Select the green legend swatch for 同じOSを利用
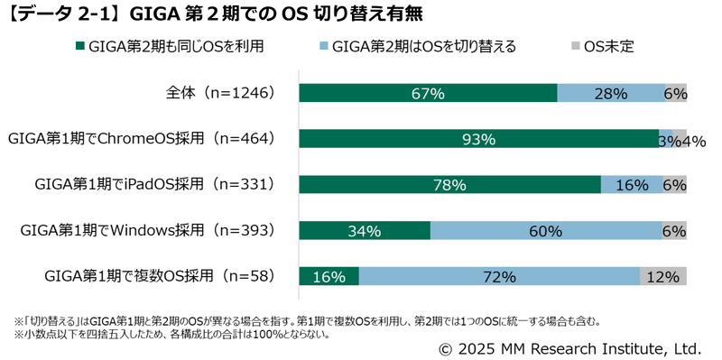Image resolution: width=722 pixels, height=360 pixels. pos(80,46)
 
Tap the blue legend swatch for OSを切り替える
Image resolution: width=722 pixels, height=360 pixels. pos(324,46)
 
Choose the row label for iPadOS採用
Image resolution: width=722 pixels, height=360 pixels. pos(153,184)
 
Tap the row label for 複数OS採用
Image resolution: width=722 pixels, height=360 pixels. pos(159,276)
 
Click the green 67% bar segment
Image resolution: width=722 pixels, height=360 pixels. pos(428,93)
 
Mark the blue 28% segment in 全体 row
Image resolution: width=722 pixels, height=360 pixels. pos(611,93)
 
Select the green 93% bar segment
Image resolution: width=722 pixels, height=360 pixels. pos(478,139)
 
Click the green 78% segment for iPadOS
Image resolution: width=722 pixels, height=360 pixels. pos(449,184)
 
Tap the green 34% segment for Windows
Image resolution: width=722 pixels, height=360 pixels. pos(364,231)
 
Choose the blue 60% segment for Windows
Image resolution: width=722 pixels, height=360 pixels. pos(546,231)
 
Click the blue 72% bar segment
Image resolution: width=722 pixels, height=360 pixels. pos(499,276)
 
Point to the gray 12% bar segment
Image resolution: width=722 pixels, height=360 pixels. pos(663,276)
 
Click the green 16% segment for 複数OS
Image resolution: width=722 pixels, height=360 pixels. pos(329,276)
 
